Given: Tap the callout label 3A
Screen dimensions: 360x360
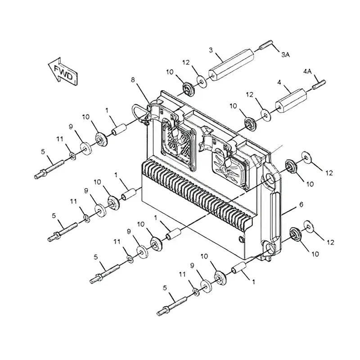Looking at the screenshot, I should tap(286, 54).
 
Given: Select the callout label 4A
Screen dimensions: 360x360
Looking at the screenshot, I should tap(307, 71).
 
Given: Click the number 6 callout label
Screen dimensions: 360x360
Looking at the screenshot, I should tap(301, 205).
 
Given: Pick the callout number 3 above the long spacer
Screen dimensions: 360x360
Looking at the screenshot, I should tap(211, 50).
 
